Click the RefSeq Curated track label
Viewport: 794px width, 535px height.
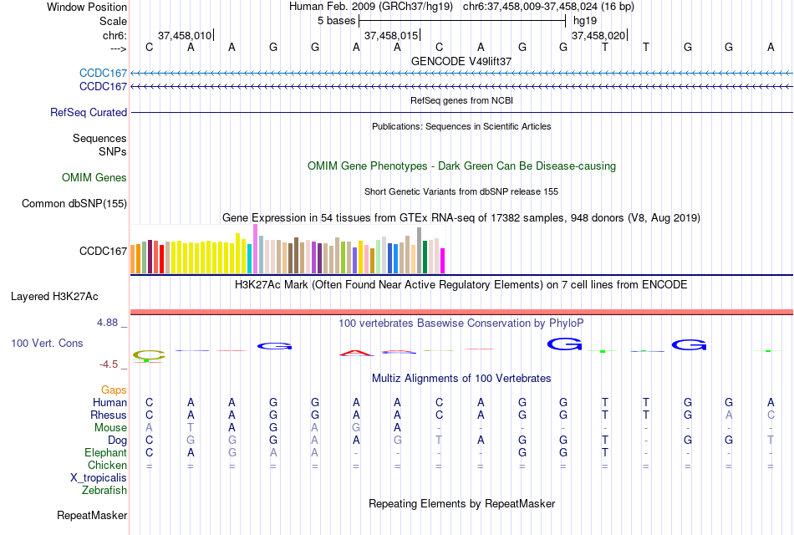pyautogui.click(x=89, y=112)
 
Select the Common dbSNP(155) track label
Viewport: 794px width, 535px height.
pyautogui.click(x=74, y=203)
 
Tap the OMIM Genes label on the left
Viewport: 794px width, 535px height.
pyautogui.click(x=94, y=177)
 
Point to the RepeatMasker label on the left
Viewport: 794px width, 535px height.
pyautogui.click(x=92, y=515)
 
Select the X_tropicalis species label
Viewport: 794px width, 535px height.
pyautogui.click(x=99, y=477)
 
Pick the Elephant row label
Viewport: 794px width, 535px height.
pyautogui.click(x=105, y=452)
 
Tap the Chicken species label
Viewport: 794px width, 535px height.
pyautogui.click(x=107, y=465)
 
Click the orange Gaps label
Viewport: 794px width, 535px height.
pyautogui.click(x=114, y=390)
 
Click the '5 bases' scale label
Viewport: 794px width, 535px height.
pyautogui.click(x=337, y=20)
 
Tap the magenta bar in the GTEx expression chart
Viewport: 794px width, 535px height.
pyautogui.click(x=442, y=261)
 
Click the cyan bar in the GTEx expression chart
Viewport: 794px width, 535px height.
pyautogui.click(x=250, y=259)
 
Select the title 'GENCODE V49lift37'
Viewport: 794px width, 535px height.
pyautogui.click(x=461, y=61)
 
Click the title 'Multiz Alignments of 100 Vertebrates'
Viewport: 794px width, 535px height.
pyautogui.click(x=461, y=378)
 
